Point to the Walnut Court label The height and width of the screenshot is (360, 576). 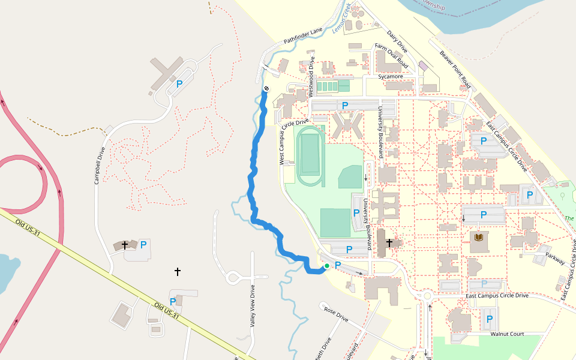coord(507,334)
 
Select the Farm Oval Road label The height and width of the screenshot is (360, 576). coord(391,56)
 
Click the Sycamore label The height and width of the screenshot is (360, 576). coord(391,77)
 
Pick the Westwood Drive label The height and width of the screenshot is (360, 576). coord(311,77)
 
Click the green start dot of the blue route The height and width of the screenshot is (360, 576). coord(326,266)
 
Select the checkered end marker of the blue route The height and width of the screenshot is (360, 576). coord(265,89)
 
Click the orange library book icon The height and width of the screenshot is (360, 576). coord(479,238)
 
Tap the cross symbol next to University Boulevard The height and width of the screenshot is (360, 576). coord(389,242)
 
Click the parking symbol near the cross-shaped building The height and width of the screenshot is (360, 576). coord(179,85)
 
